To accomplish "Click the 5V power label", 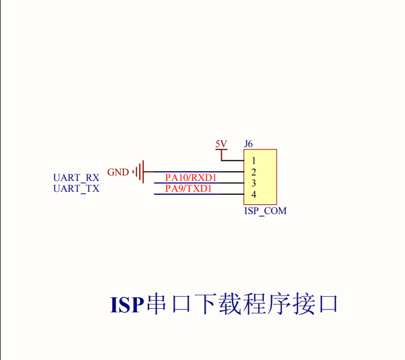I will point(221,144).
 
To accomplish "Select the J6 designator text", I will point(248,144).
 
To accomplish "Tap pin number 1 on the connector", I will point(254,161).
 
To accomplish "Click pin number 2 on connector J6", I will point(254,172).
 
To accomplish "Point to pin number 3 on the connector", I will point(254,183).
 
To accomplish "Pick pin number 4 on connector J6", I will point(254,195).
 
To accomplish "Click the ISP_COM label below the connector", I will point(265,211).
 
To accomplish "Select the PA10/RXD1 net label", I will point(190,178).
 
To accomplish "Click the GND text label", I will point(118,172).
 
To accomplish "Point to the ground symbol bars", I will point(140,172).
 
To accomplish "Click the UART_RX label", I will point(76,178).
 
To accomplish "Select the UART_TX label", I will point(76,189).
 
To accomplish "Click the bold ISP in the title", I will point(127,305).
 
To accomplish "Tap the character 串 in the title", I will point(158,305).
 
